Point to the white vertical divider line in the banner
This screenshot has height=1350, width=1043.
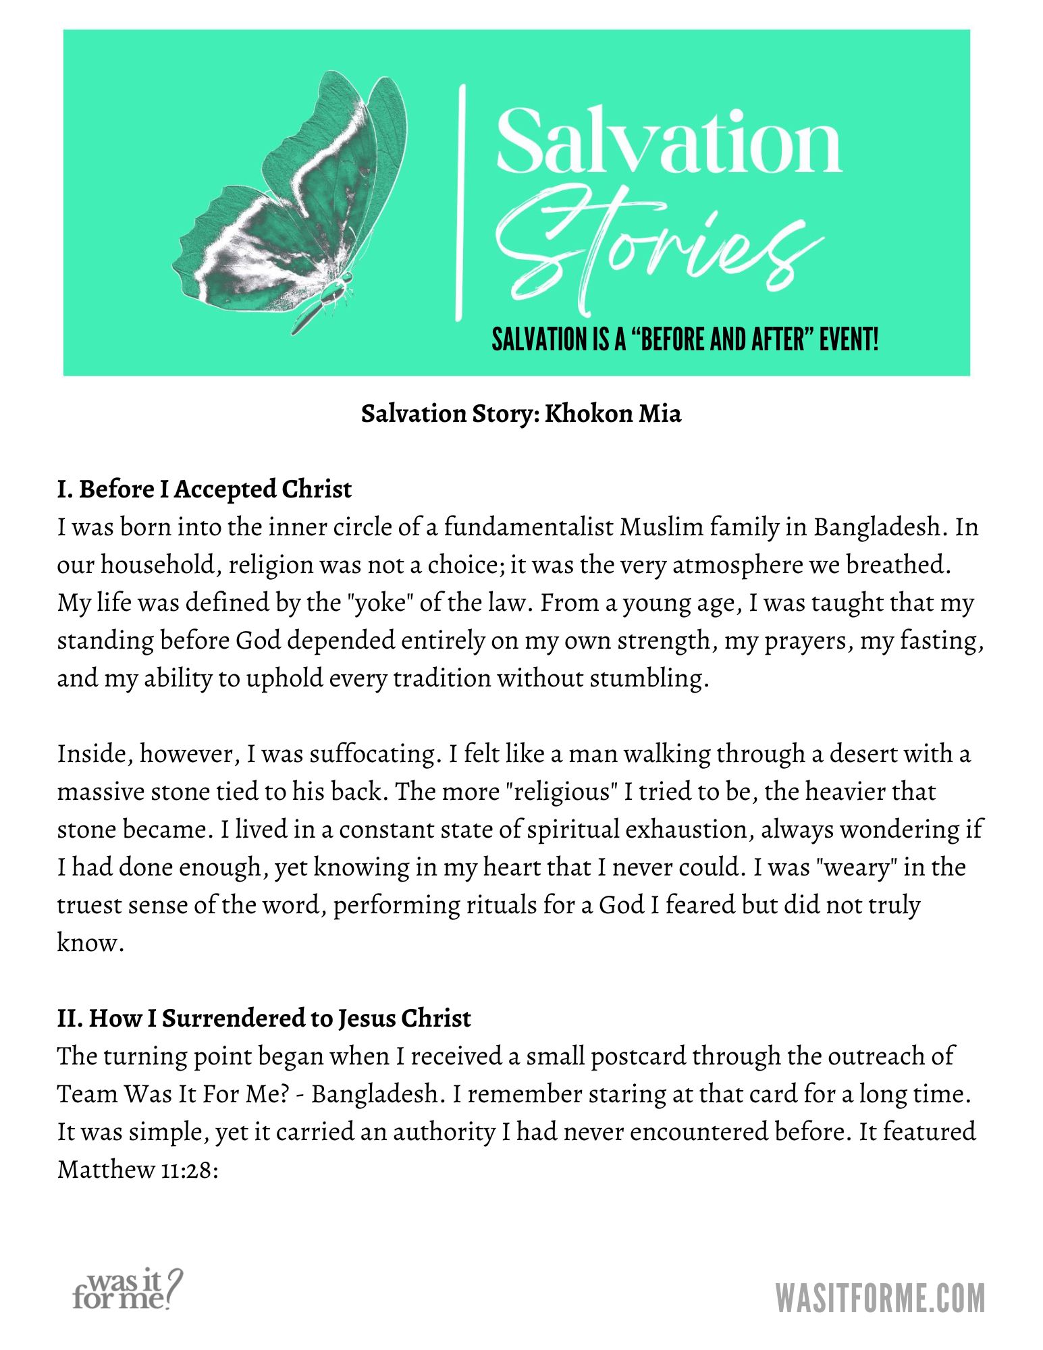[462, 202]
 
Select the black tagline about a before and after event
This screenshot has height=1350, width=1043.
[685, 340]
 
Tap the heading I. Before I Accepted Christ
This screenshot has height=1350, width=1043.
[205, 489]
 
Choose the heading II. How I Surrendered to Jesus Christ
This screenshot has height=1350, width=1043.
[264, 1019]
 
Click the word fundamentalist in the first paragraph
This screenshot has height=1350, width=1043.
[529, 527]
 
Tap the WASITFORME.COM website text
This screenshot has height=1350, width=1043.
[880, 1297]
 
